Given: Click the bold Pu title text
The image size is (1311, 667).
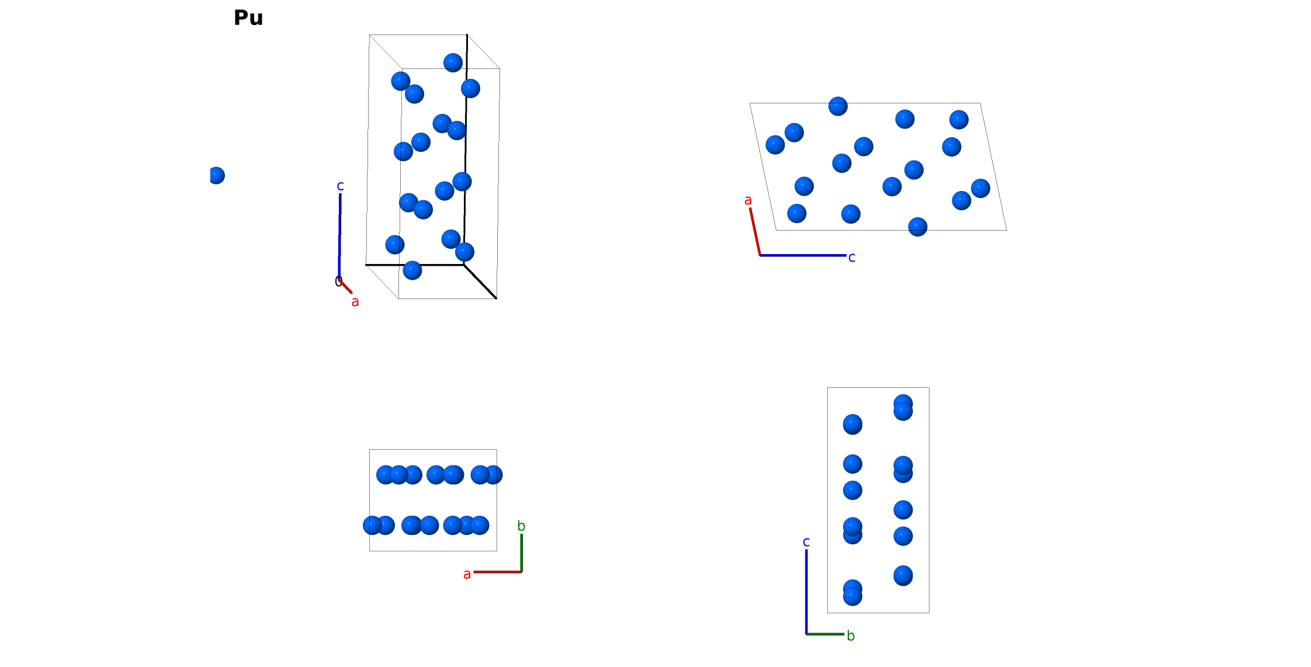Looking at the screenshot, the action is tap(248, 18).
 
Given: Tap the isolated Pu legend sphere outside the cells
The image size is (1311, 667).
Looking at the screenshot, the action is tap(216, 175).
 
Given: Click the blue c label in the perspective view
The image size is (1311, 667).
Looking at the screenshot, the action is tap(340, 186).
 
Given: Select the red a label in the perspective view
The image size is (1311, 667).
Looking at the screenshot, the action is tap(355, 302).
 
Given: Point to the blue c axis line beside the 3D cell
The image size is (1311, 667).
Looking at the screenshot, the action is tap(339, 237).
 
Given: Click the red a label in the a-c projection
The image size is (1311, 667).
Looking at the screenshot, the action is tap(748, 200).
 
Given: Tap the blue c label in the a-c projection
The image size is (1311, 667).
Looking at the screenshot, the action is tap(852, 258).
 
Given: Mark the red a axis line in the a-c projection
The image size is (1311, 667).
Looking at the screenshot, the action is tap(755, 231).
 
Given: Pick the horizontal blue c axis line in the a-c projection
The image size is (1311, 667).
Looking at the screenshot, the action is tap(803, 255).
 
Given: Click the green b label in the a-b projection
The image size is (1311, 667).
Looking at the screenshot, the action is tap(521, 526).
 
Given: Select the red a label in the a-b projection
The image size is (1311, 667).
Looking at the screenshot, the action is tap(467, 575).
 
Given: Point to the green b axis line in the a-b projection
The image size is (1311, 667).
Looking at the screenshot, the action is tap(522, 553).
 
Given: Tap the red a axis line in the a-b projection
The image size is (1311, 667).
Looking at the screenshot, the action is tap(498, 572).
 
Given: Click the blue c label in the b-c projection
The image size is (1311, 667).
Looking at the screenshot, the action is tap(806, 542).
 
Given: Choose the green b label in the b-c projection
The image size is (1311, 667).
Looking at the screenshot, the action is tap(851, 635).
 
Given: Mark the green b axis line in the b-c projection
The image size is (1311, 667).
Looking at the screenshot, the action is tap(826, 634).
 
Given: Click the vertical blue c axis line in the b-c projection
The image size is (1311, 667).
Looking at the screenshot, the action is tap(806, 592).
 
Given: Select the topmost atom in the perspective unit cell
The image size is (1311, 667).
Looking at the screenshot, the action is tap(453, 62).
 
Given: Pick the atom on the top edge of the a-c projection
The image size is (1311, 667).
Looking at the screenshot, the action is tap(838, 106).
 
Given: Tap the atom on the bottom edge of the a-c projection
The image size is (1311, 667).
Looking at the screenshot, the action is tap(918, 227).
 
